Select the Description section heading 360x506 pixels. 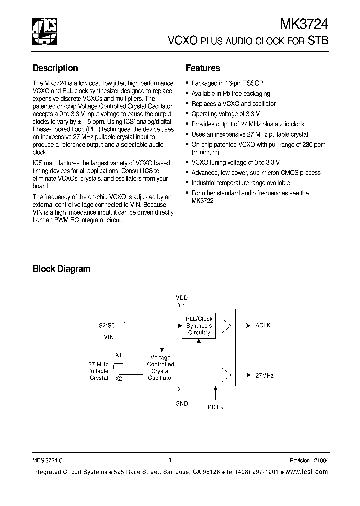[55, 68]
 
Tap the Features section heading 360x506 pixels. [203, 68]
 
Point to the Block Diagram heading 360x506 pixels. [61, 269]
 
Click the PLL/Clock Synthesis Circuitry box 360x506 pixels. [199, 326]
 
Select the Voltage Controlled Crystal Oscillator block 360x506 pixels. [160, 368]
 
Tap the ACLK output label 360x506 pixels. [262, 325]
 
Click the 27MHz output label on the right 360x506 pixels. [264, 375]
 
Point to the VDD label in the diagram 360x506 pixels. [182, 298]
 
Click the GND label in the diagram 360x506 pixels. [182, 403]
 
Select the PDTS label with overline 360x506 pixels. [215, 407]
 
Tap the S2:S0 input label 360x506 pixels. [106, 325]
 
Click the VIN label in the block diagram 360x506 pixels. [109, 337]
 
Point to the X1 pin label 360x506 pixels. [118, 355]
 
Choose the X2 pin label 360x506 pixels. [118, 379]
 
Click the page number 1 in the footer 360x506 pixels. [170, 460]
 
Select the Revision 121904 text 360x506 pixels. [309, 461]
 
